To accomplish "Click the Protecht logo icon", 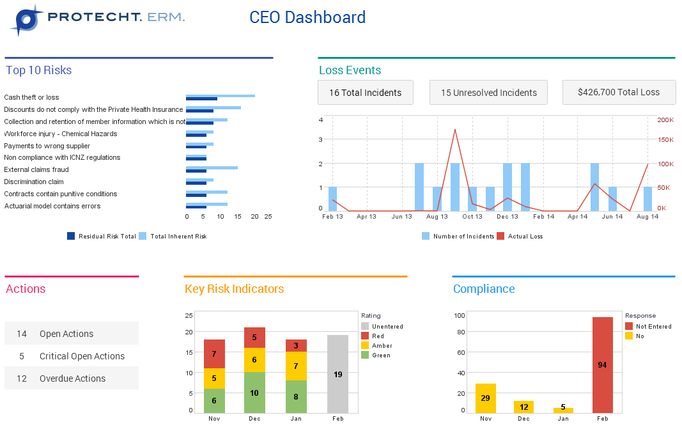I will click(x=26, y=19).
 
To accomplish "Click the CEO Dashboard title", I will click(x=307, y=17).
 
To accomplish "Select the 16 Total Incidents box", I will click(x=365, y=93).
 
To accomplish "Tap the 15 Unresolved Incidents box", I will click(x=488, y=93).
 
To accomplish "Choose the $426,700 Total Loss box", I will click(x=618, y=92).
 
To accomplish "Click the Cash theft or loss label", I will click(x=31, y=98).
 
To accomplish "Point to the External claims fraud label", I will click(x=36, y=170).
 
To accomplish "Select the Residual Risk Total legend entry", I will click(x=102, y=237).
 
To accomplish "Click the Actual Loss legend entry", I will click(x=520, y=237).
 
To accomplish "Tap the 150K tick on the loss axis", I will click(x=665, y=139).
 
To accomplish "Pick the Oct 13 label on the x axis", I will click(x=472, y=217).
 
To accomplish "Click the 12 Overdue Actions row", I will click(x=71, y=378).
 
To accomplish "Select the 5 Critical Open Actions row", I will click(x=71, y=356).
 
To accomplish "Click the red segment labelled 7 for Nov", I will click(x=214, y=354).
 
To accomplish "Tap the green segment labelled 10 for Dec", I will click(x=254, y=393).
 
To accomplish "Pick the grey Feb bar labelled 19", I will click(x=337, y=374).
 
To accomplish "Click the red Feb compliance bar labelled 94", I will click(x=602, y=365).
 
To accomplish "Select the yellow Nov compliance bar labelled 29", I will click(x=486, y=398).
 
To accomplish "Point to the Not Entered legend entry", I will click(x=648, y=327).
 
